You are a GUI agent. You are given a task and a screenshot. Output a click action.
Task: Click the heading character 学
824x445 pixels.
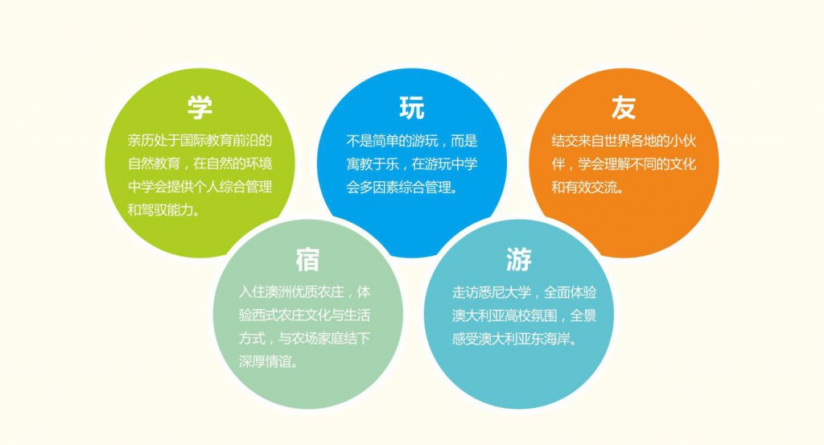(x=200, y=108)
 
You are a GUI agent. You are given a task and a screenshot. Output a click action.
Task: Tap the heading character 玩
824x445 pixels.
(x=411, y=108)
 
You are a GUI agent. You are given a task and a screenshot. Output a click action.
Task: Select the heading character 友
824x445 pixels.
(x=623, y=108)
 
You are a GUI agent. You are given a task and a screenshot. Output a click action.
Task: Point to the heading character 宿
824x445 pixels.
(x=307, y=260)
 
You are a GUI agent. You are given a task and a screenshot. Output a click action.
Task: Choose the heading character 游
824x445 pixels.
(x=519, y=260)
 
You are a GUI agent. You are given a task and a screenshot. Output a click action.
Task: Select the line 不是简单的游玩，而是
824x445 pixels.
(x=412, y=140)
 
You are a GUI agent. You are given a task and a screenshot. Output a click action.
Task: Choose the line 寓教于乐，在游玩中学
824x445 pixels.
(x=412, y=164)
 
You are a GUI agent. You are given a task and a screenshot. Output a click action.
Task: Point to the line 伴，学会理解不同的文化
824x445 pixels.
(x=624, y=164)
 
